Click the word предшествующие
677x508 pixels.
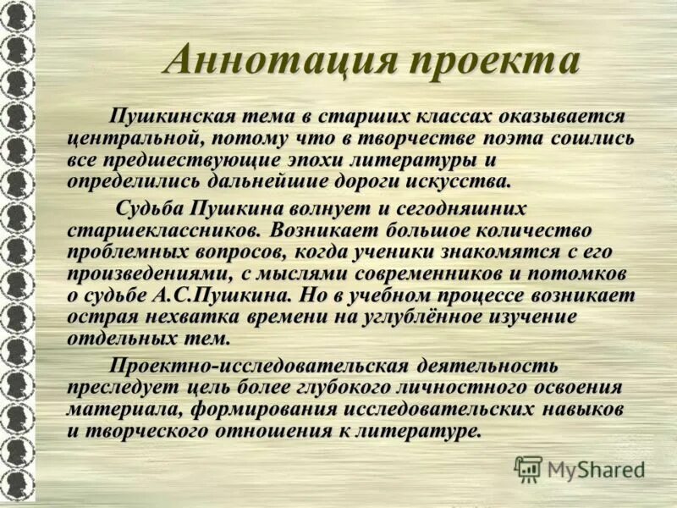[x=179, y=159]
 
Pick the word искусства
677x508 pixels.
[x=459, y=181]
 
